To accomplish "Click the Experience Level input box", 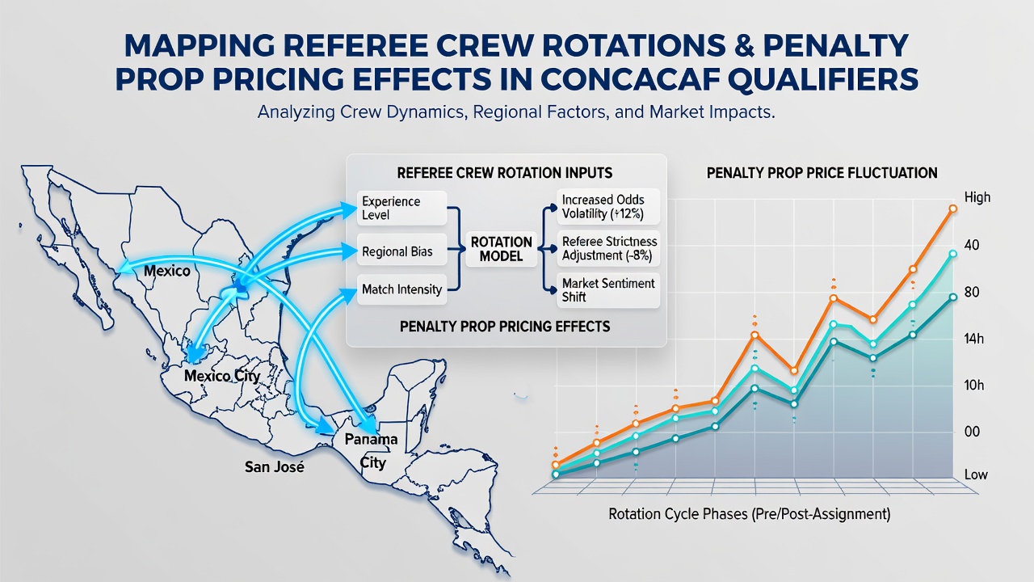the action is pos(401,208).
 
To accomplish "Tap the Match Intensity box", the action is pos(401,289).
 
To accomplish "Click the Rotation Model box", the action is pos(502,249).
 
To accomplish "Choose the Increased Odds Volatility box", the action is pos(608,206).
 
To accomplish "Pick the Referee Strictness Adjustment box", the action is pos(608,248).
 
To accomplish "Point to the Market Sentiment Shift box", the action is pos(608,290).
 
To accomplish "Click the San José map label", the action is pos(274,467).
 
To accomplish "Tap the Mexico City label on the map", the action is pos(222,376).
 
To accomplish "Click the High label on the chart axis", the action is pos(977,197).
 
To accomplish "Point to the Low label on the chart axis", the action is pos(976,474).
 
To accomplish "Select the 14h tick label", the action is pos(974,339).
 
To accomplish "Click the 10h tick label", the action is pos(974,386).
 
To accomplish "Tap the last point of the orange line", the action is pos(952,209).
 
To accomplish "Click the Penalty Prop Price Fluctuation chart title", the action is pos(822,173).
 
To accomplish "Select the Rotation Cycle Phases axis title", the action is pos(749,513).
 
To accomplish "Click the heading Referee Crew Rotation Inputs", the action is pos(505,173).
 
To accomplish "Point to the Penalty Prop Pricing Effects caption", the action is pos(505,327).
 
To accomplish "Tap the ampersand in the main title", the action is pos(744,45).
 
